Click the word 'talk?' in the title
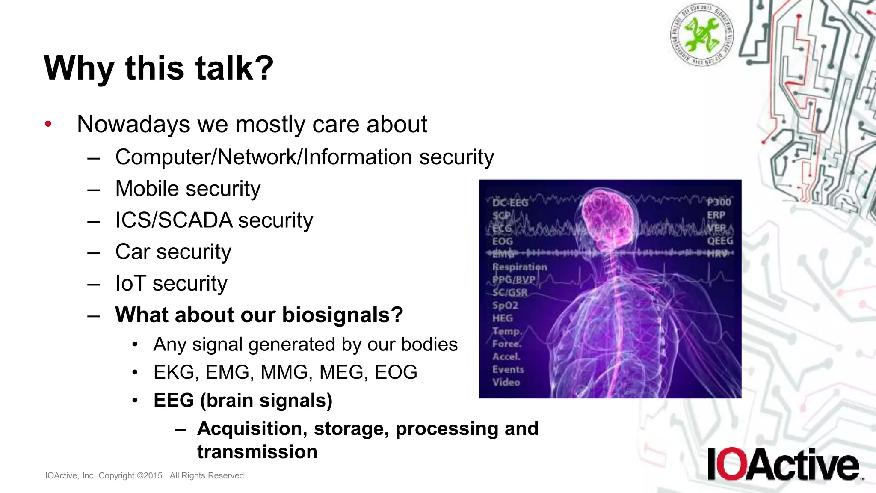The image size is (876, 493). pos(234,68)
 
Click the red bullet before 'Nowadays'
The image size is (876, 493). pos(48,125)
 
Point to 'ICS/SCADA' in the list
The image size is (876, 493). pos(174,220)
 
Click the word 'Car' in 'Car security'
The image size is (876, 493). pos(133,252)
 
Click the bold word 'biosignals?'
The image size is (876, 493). pos(342,315)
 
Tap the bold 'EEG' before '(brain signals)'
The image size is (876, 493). pos(173,401)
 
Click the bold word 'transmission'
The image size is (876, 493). pos(257,452)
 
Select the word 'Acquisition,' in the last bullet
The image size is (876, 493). pos(252,429)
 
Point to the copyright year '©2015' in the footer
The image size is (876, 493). pos(150,476)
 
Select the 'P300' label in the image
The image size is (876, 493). pos(719,202)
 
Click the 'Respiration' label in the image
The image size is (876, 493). pos(519,267)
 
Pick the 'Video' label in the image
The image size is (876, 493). pos(506,383)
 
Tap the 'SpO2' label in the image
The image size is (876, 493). pos(505,306)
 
